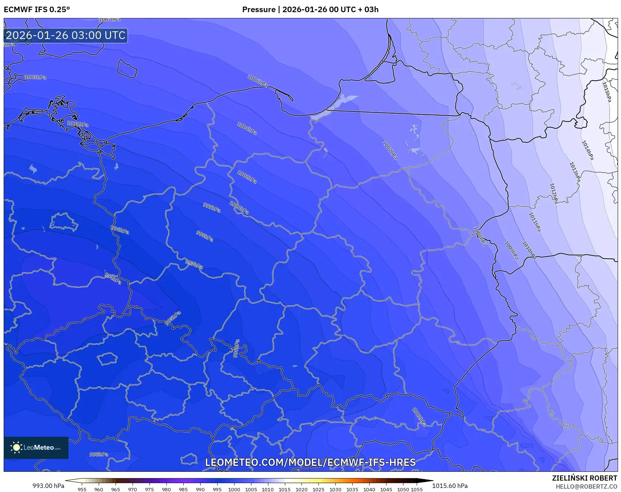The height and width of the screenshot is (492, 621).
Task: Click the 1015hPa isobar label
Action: point(607,92)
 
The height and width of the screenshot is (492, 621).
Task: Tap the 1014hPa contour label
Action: point(588,150)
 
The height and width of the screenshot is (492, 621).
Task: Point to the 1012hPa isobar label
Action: point(554,193)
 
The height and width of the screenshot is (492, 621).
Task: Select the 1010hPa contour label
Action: point(529,250)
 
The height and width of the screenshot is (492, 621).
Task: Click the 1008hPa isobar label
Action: point(480,236)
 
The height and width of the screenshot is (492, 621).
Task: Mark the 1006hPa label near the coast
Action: point(257,81)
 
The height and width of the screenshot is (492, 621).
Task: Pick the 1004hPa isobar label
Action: point(247,128)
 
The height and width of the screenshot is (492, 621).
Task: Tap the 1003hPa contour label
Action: point(35,77)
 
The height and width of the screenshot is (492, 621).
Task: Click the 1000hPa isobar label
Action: point(239,208)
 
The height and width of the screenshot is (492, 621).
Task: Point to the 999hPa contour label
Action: point(212,208)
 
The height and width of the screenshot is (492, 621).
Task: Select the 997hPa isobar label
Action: point(194,264)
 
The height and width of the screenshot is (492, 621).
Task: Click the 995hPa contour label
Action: point(173,318)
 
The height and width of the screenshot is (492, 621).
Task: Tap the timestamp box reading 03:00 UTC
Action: point(66,35)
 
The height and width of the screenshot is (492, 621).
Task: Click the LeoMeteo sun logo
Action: point(16,447)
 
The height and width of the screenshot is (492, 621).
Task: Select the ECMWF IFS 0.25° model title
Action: point(37,10)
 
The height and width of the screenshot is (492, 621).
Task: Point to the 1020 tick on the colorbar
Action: point(301,489)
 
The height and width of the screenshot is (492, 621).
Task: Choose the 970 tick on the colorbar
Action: point(132,489)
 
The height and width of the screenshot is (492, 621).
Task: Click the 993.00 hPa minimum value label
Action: point(48,486)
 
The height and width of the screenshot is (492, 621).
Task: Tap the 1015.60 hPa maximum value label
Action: point(450,486)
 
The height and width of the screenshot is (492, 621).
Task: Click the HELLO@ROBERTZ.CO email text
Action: point(586,486)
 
